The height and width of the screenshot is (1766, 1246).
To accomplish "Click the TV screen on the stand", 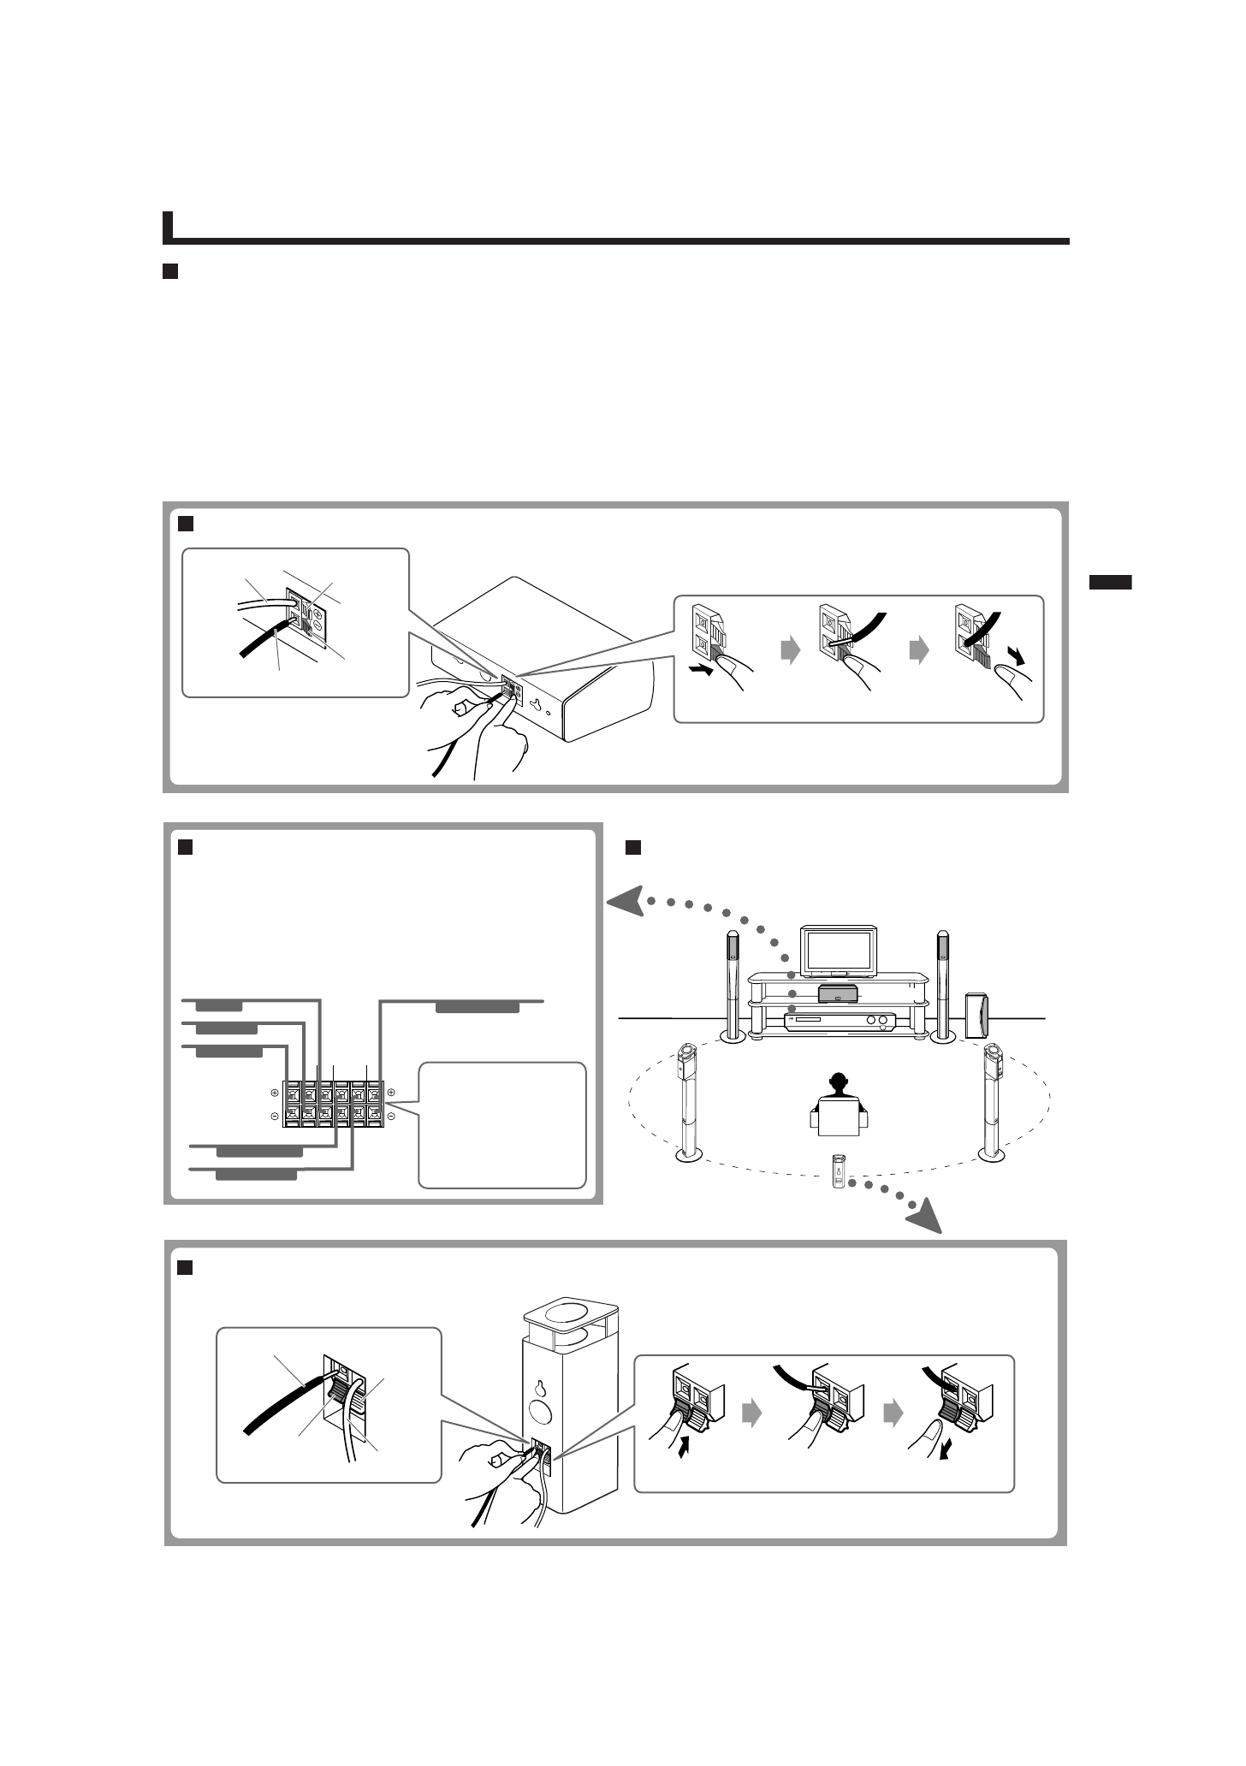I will pos(839,949).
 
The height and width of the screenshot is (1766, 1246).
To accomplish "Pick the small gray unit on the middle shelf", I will pos(838,993).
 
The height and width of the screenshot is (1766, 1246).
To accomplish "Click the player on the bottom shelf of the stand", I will pos(840,1021).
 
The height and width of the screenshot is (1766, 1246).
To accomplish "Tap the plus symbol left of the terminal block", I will pos(275,1093).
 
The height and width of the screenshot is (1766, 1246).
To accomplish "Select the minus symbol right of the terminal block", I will pos(391,1116).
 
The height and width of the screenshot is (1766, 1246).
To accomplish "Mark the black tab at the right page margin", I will pos(1110,583).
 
